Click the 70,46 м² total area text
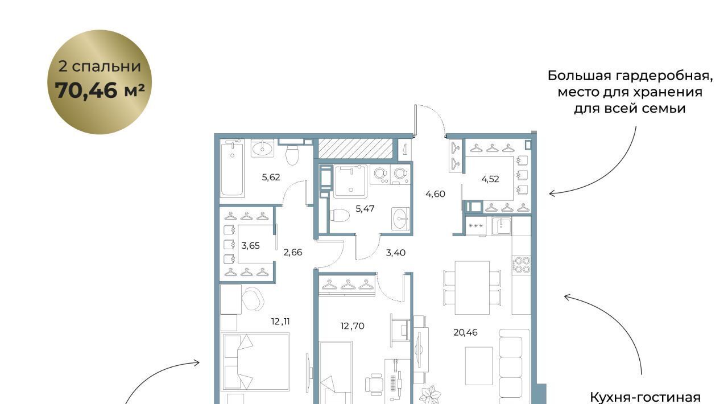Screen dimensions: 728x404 100,90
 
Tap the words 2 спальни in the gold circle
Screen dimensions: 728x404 100,67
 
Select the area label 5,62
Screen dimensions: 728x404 271,178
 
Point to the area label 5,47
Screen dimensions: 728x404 365,209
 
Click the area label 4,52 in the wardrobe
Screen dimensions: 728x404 490,179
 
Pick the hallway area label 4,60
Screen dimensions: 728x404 435,194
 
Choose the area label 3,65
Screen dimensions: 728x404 250,246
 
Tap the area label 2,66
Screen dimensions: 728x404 293,253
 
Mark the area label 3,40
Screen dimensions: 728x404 395,253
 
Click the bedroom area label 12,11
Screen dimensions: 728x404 280,321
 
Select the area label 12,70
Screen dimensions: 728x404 352,326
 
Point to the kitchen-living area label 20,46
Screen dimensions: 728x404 465,332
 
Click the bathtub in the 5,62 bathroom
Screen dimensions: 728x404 232,168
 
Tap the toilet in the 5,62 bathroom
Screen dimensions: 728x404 292,155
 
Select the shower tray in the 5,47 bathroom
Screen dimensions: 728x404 350,181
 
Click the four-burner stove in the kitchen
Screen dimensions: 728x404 522,265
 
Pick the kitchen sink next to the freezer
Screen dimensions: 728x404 502,226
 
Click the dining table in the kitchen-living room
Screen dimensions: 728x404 472,288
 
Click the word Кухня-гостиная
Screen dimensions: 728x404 645,398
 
